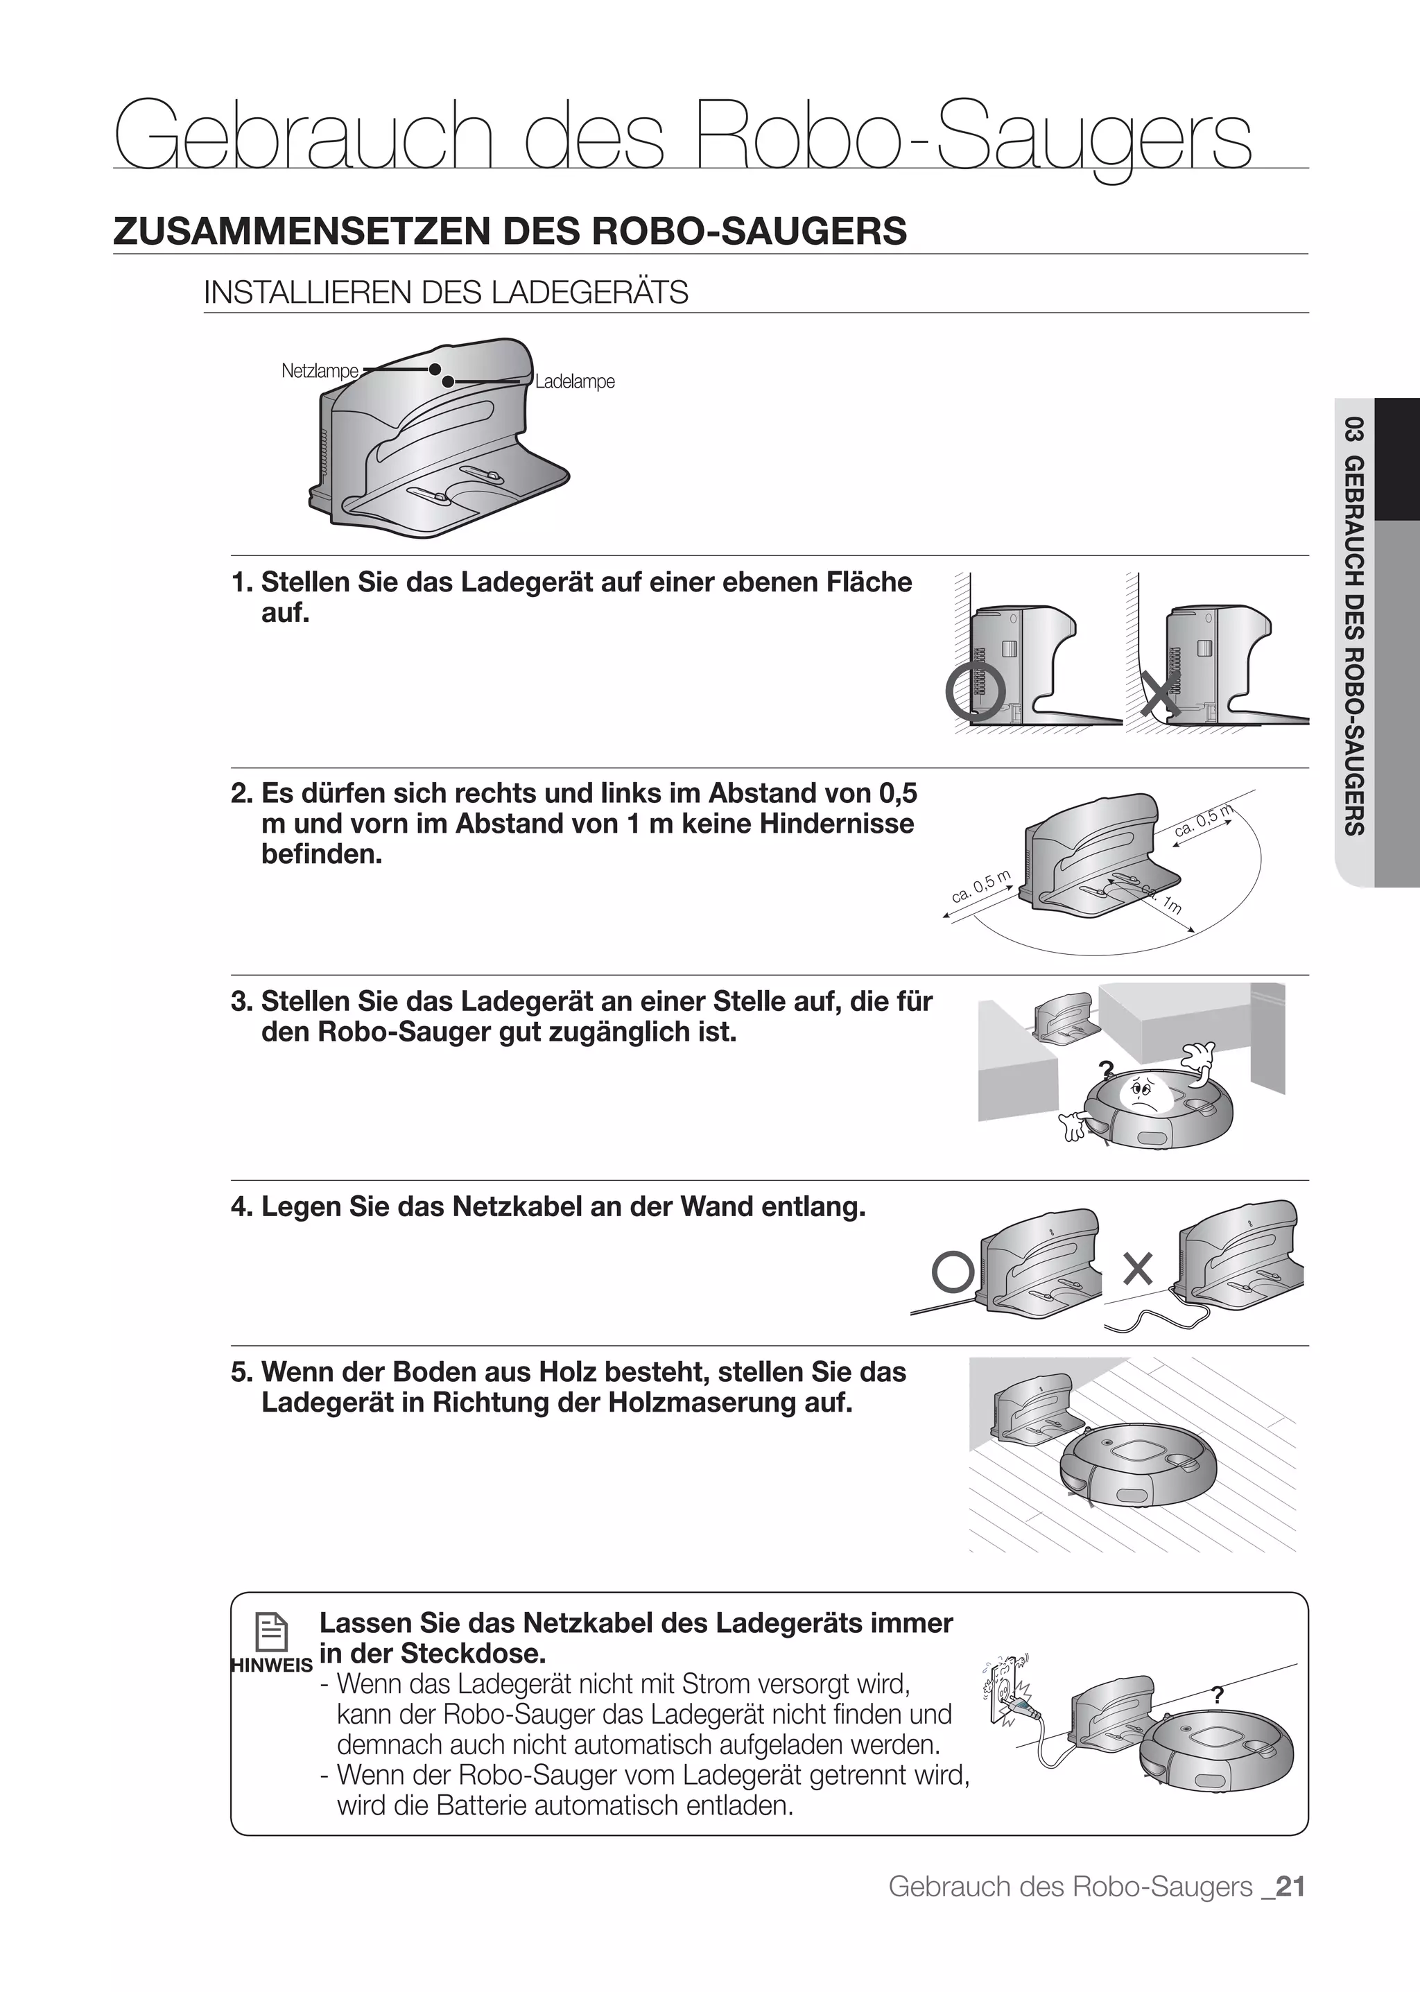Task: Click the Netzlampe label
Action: click(319, 371)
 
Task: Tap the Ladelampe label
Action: click(575, 382)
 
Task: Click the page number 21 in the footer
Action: click(1290, 1887)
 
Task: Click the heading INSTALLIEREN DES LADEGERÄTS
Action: click(446, 292)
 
